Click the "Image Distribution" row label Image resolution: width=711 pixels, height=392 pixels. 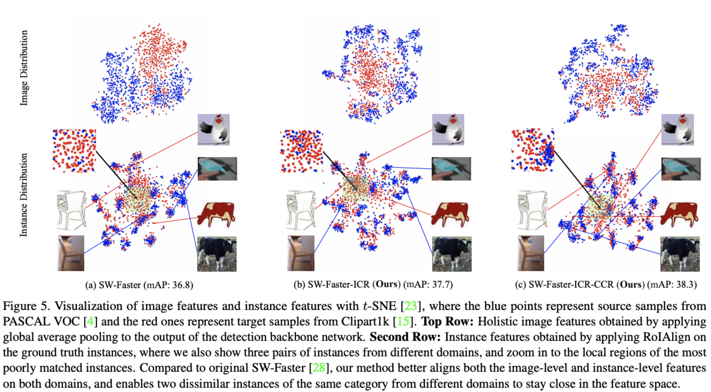tap(24, 68)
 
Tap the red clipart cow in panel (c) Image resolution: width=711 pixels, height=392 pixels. tap(679, 214)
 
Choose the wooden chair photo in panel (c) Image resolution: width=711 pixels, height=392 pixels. tap(530, 253)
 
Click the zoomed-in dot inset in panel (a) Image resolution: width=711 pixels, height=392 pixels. tap(74, 150)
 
